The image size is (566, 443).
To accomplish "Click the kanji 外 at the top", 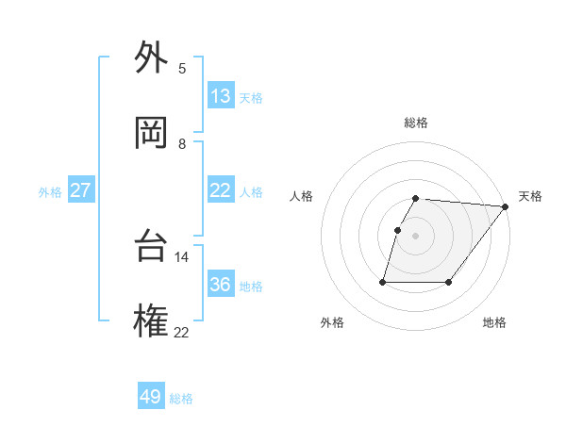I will (151, 59).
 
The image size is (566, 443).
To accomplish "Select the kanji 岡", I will (151, 134).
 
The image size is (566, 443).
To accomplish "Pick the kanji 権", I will (151, 321).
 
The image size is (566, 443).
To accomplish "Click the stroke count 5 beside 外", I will (182, 69).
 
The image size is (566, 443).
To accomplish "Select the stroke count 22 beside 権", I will (181, 332).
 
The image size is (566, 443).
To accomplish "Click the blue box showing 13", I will (221, 96).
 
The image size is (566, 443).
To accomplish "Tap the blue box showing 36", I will (221, 285).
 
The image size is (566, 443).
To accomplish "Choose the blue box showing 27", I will (80, 190).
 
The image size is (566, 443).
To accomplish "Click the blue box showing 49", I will (151, 397).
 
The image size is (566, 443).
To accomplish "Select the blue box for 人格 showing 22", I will (221, 190).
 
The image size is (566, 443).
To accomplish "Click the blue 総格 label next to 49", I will (181, 399).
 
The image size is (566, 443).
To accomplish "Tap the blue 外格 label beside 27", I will (50, 192).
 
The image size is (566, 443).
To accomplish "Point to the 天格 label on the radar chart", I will (530, 196).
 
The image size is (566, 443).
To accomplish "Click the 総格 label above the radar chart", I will (416, 123).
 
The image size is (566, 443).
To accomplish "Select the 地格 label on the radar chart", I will (494, 322).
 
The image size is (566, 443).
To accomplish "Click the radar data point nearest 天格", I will (506, 206).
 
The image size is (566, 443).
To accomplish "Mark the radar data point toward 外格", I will (384, 281).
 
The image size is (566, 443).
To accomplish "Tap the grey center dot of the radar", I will (416, 236).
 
